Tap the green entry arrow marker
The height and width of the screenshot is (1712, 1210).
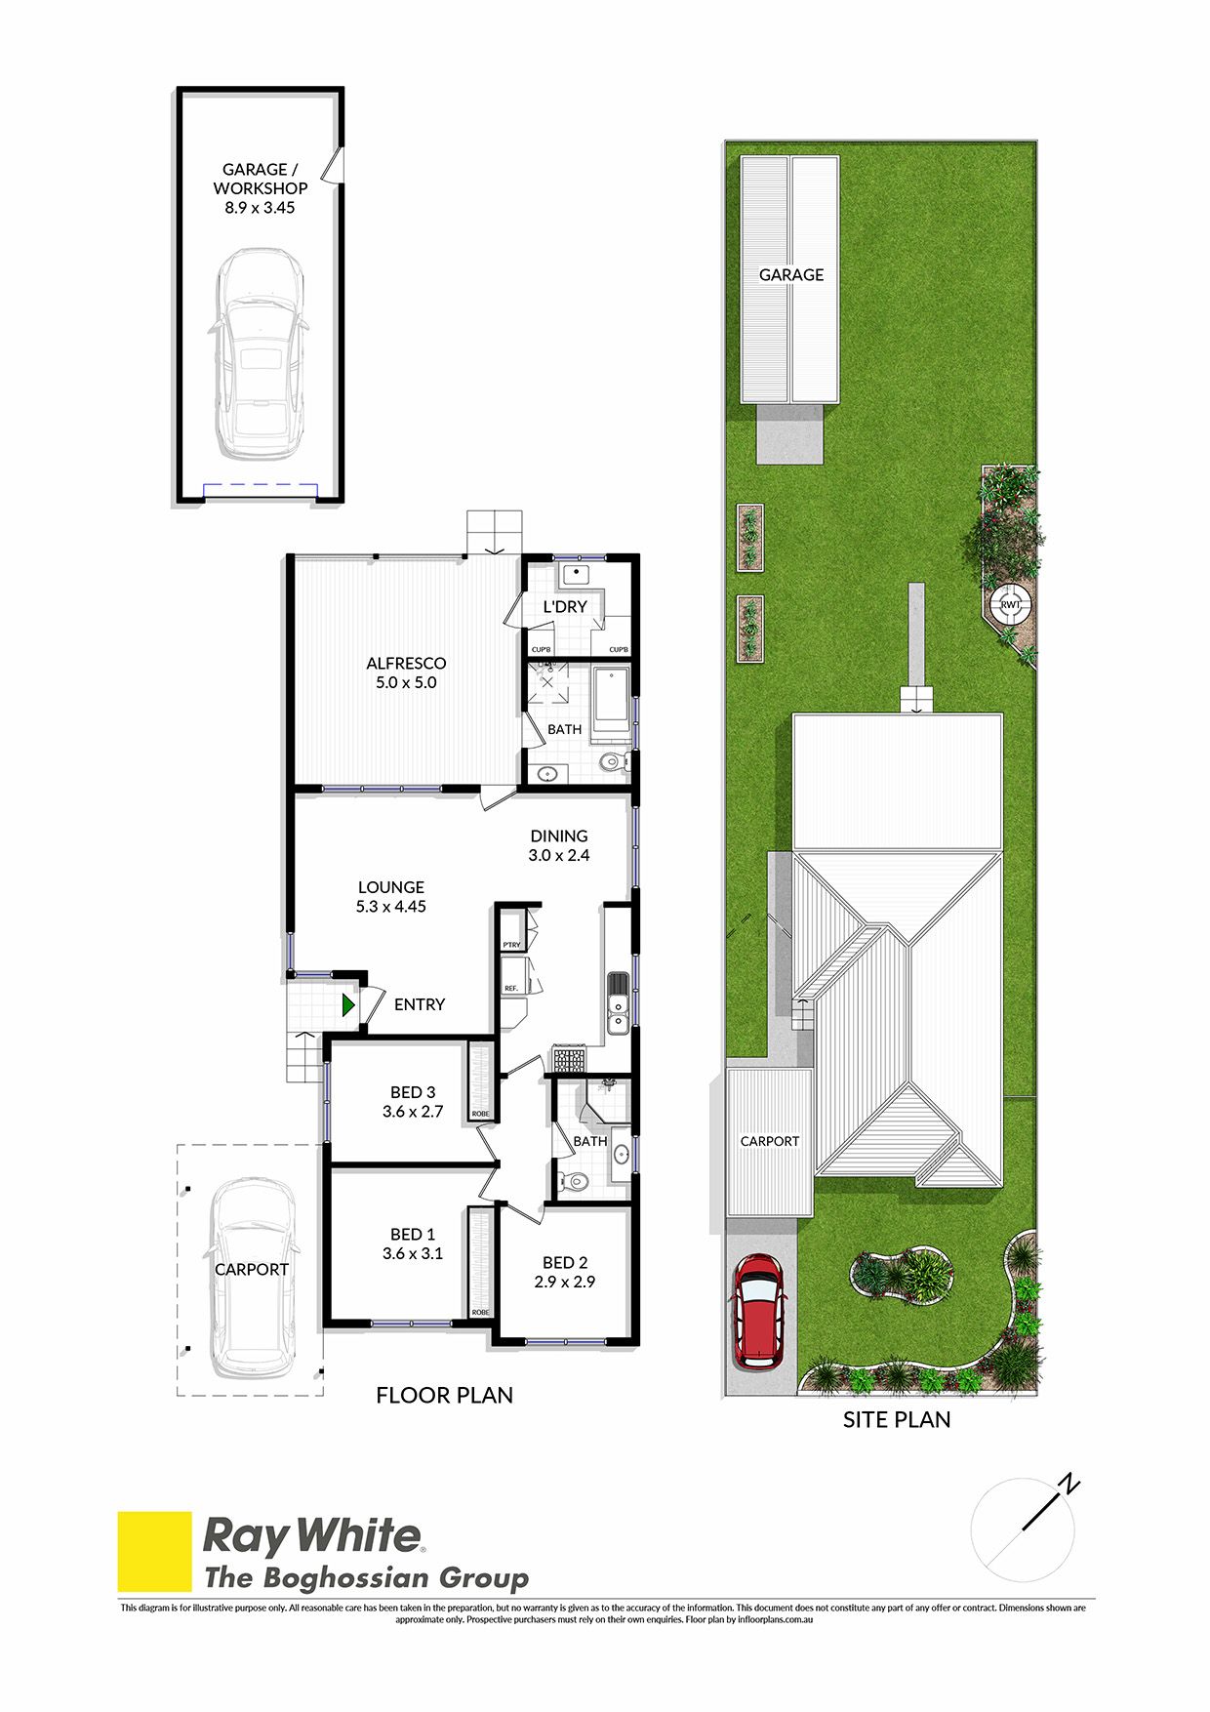pyautogui.click(x=348, y=1004)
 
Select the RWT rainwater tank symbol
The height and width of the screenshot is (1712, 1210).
pyautogui.click(x=1010, y=604)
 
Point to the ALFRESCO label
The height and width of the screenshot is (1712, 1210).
pyautogui.click(x=406, y=664)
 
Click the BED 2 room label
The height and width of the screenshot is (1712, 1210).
pyautogui.click(x=565, y=1263)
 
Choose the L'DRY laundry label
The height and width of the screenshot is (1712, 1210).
pyautogui.click(x=565, y=606)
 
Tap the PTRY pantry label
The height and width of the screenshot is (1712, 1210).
pyautogui.click(x=512, y=945)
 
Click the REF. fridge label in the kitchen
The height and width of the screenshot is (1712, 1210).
pyautogui.click(x=511, y=989)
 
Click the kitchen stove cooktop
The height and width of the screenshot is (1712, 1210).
pyautogui.click(x=569, y=1059)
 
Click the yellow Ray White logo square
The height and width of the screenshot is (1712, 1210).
pyautogui.click(x=155, y=1552)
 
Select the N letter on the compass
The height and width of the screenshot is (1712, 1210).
pyautogui.click(x=1069, y=1485)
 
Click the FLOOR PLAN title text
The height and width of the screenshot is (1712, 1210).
pyautogui.click(x=445, y=1396)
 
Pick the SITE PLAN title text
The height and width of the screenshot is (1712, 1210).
pyautogui.click(x=897, y=1420)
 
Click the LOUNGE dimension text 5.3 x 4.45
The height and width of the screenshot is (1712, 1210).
pyautogui.click(x=391, y=907)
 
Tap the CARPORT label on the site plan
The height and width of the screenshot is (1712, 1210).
pyautogui.click(x=770, y=1141)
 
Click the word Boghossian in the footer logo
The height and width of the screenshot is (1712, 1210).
pyautogui.click(x=346, y=1578)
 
